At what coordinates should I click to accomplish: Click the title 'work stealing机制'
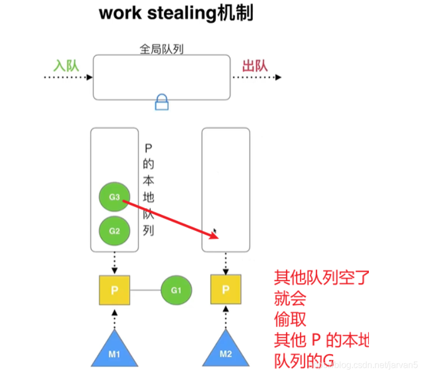pyautogui.click(x=176, y=13)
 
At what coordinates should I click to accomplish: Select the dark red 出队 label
pyautogui.click(x=255, y=66)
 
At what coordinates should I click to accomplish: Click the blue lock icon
pyautogui.click(x=162, y=102)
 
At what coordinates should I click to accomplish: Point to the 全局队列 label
pyautogui.click(x=161, y=49)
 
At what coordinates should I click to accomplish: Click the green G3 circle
pyautogui.click(x=114, y=197)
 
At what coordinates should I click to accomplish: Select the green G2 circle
pyautogui.click(x=114, y=231)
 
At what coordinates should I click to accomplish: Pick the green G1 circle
pyautogui.click(x=176, y=289)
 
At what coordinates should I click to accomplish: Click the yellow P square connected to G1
pyautogui.click(x=114, y=290)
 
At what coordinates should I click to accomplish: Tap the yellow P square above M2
pyautogui.click(x=225, y=289)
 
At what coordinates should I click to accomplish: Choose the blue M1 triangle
pyautogui.click(x=114, y=351)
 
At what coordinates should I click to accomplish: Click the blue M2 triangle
pyautogui.click(x=225, y=351)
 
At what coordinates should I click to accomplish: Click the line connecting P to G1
pyautogui.click(x=145, y=290)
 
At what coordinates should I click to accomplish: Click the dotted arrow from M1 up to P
pyautogui.click(x=114, y=318)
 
